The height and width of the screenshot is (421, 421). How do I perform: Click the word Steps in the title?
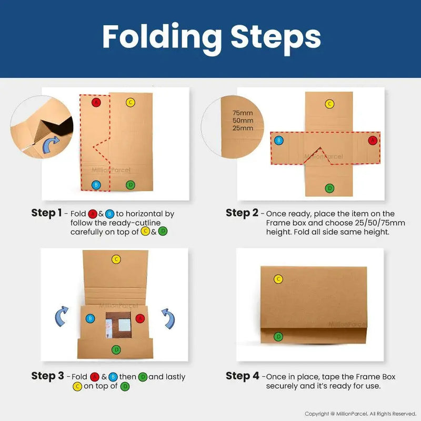point(276,38)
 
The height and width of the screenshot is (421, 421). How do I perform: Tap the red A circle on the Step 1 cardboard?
point(96,102)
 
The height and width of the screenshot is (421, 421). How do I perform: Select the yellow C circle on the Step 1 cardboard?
point(130,102)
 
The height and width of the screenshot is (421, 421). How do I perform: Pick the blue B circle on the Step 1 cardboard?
point(96,185)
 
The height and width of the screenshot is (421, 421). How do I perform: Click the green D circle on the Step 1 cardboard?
point(130,185)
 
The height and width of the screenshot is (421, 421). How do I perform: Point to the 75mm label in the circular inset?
point(243,113)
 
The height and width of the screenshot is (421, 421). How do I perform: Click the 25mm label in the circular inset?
point(243,128)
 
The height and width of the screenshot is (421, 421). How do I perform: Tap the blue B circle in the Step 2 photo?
point(279,140)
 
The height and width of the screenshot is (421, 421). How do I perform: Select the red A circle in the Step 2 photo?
point(373,140)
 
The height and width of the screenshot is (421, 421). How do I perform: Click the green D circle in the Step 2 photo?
point(329,188)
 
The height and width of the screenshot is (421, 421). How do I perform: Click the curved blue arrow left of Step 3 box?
point(61,317)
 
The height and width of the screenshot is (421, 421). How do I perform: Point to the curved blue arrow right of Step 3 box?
point(169,319)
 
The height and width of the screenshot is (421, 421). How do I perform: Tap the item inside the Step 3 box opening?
point(118,325)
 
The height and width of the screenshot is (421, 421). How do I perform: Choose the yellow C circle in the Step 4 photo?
point(278,279)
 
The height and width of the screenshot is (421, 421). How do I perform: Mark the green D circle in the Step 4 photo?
point(278,336)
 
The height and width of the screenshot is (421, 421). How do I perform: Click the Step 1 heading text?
point(46,213)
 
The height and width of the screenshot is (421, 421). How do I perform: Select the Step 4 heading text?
point(243,376)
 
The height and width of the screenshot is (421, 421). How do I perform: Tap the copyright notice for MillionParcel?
point(360,414)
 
